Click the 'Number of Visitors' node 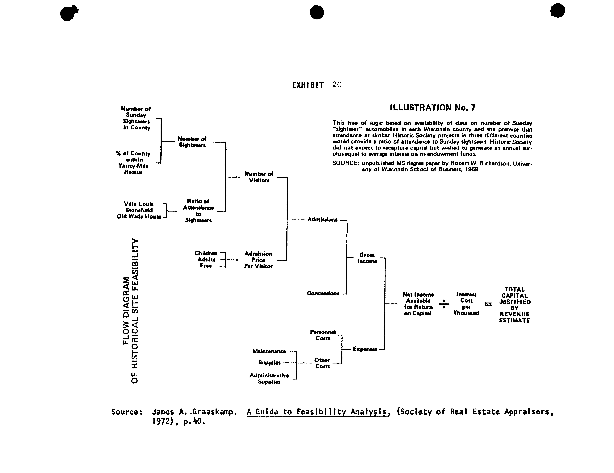tap(259, 177)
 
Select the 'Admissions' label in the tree tap(322, 220)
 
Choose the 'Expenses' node tap(365, 349)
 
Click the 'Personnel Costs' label tap(323, 335)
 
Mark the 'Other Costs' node tap(322, 363)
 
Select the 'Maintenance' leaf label tap(269, 351)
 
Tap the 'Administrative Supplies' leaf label tap(269, 379)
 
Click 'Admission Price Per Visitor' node tap(258, 260)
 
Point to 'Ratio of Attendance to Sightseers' tap(198, 211)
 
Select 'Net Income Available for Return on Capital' tap(418, 304)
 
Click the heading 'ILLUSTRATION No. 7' tap(432, 108)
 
